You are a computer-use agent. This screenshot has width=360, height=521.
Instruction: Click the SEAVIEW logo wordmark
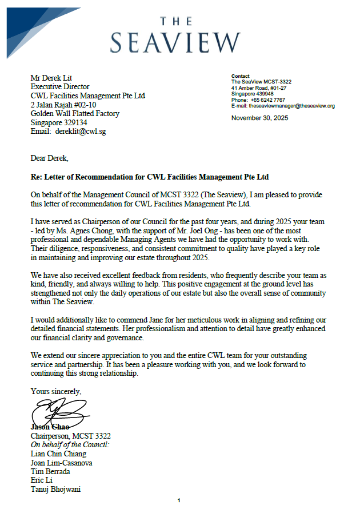[175, 42]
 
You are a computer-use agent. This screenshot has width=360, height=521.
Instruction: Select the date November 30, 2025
[260, 118]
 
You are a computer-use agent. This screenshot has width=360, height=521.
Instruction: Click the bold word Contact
[241, 76]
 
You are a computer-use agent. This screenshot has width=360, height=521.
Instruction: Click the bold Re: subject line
[150, 177]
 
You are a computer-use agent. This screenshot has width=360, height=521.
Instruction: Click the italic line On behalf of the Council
[70, 445]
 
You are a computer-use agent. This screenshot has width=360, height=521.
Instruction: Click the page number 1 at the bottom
[179, 501]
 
